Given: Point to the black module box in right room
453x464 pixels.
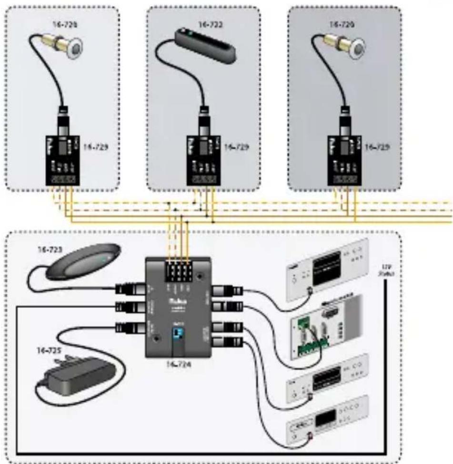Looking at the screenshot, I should [344, 160].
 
